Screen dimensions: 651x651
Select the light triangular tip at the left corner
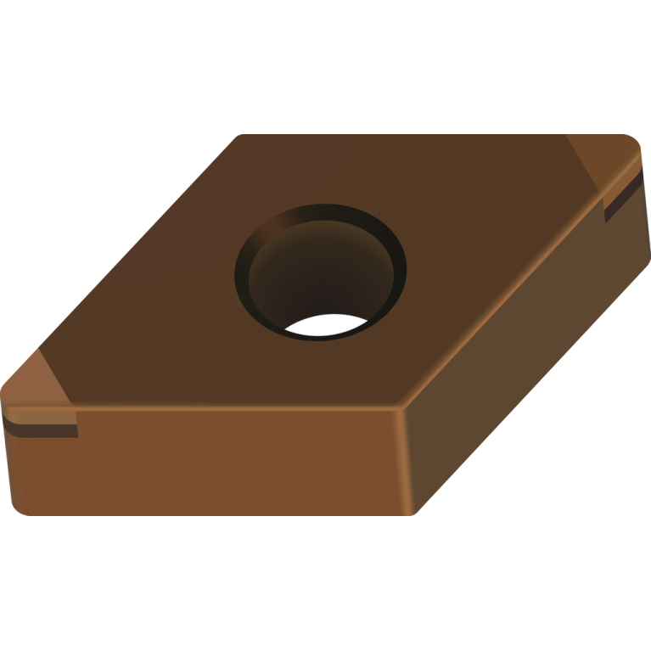(x=38, y=386)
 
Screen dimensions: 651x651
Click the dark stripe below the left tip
(x=42, y=428)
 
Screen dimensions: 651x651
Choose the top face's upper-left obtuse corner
(x=239, y=137)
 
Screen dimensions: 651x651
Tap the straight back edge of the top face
(x=424, y=134)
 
